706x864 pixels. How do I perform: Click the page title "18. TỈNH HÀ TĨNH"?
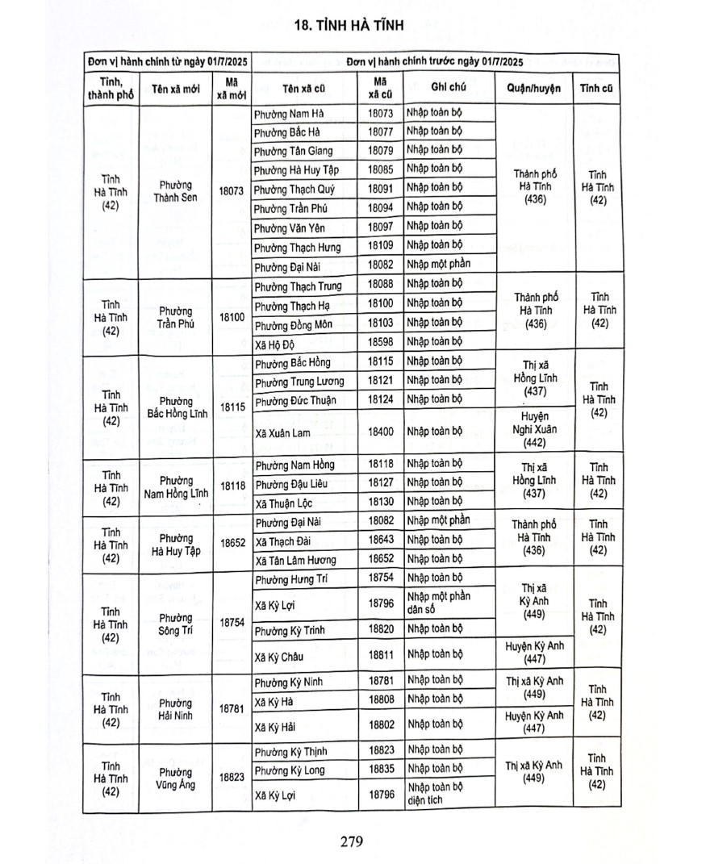pos(353,25)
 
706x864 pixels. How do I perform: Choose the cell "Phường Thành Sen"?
pos(175,190)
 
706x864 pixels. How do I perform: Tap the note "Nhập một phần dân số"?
pos(438,603)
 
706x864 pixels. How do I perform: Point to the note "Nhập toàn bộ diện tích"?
pos(436,793)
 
